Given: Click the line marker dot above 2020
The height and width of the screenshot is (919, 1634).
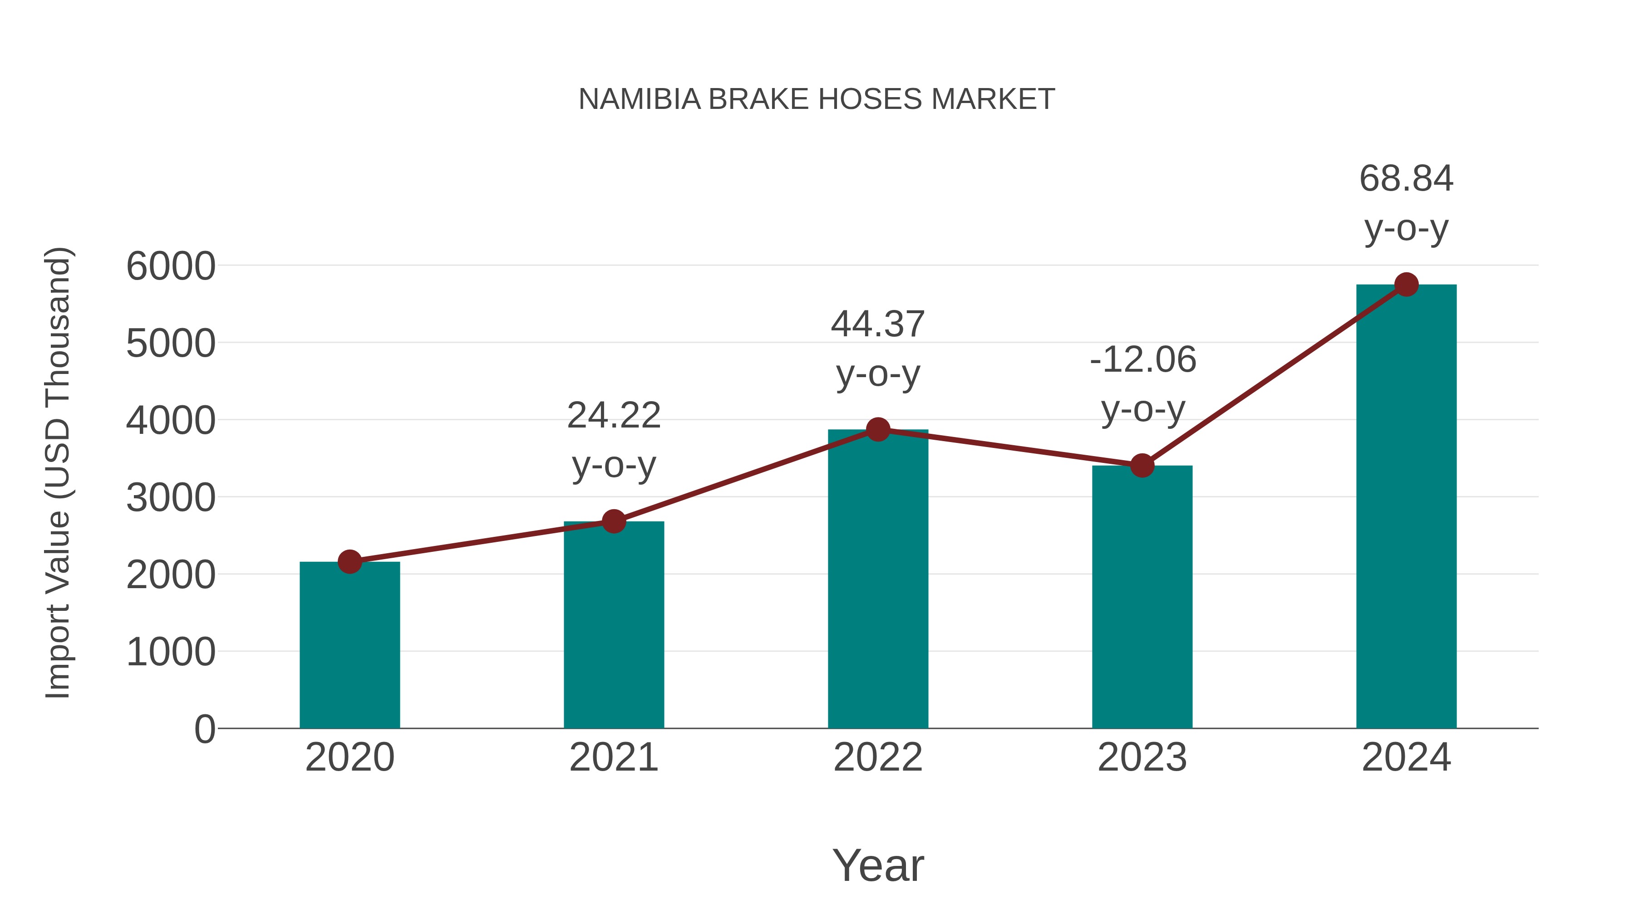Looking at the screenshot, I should (x=349, y=561).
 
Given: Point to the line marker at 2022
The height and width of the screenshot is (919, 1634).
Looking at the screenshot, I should (x=878, y=429).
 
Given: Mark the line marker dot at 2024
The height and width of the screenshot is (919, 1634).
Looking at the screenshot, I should (x=1406, y=285).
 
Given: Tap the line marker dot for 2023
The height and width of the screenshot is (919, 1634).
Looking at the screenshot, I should (x=1142, y=466).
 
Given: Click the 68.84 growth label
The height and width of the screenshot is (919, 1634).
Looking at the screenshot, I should (x=1406, y=179).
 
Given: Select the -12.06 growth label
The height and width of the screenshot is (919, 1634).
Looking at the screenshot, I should (x=1142, y=359).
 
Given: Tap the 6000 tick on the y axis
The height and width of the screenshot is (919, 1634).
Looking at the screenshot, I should (x=171, y=266).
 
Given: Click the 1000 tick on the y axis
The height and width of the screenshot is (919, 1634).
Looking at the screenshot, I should (x=171, y=652).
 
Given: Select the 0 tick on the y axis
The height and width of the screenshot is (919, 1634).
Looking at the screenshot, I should (x=204, y=729).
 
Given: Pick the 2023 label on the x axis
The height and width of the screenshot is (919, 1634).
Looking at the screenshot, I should (x=1142, y=757).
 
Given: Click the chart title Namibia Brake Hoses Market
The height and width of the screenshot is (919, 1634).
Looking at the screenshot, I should (x=817, y=99).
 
